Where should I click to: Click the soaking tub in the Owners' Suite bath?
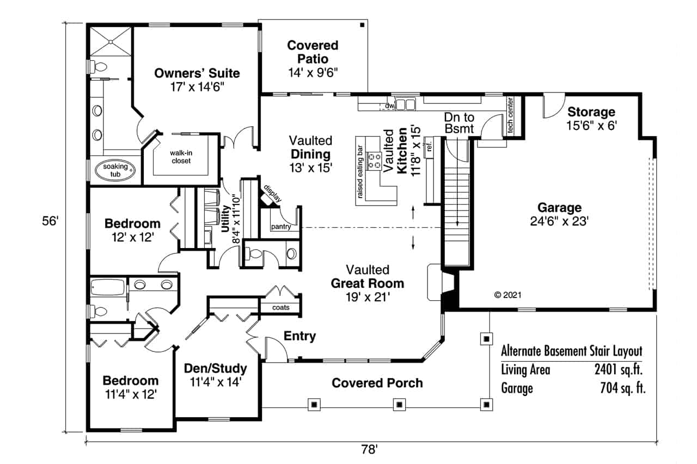[x=115, y=170]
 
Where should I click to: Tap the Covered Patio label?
[x=313, y=52]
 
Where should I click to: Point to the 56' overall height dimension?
[x=50, y=221]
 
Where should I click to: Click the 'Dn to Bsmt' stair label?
[x=459, y=122]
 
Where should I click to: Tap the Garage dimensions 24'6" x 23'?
[x=559, y=221]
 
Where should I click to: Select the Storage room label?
[x=591, y=112]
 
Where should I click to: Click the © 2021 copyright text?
[x=508, y=295]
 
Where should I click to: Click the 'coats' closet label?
[x=281, y=307]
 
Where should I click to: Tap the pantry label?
[x=280, y=227]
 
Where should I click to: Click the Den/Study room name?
[x=216, y=368]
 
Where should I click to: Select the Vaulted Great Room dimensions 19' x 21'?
[x=368, y=297]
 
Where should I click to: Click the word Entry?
[x=299, y=336]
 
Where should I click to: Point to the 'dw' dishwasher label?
[x=389, y=106]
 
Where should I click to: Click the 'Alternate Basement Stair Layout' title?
[x=571, y=351]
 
